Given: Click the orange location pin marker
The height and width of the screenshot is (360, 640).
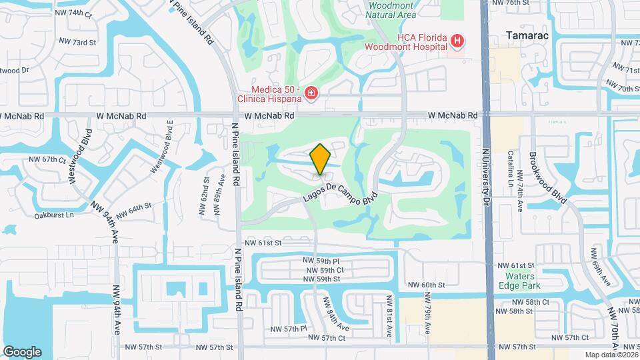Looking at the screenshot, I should [321, 159].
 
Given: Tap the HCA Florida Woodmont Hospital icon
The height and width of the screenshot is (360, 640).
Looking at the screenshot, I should [457, 41].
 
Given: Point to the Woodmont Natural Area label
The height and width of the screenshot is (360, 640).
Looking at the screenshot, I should [392, 10].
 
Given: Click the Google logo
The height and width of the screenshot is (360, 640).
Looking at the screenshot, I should [22, 352].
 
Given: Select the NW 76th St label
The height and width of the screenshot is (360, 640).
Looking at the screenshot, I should [510, 3].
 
